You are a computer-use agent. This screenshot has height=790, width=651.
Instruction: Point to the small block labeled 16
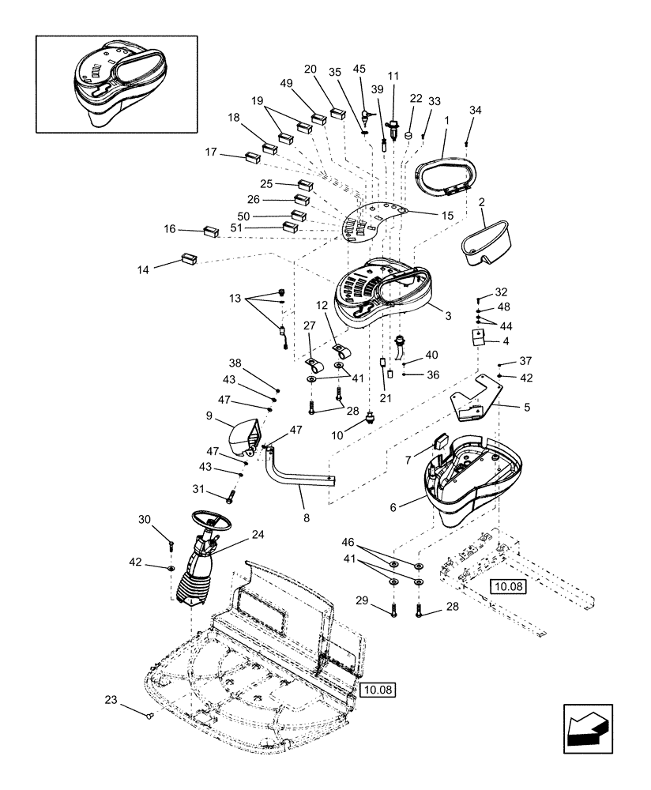click(x=211, y=231)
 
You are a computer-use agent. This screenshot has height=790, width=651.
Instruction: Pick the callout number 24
click(x=258, y=533)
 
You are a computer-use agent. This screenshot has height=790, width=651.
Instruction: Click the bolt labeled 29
click(x=393, y=611)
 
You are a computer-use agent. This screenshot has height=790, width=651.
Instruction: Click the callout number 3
click(x=447, y=316)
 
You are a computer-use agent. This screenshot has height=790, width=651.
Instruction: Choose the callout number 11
click(x=393, y=77)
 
